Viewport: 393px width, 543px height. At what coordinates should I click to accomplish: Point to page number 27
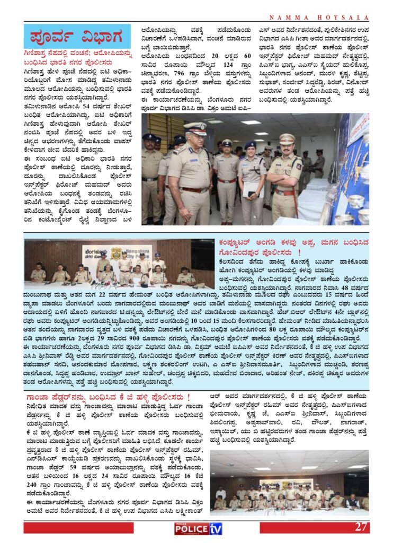pos(361,527)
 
